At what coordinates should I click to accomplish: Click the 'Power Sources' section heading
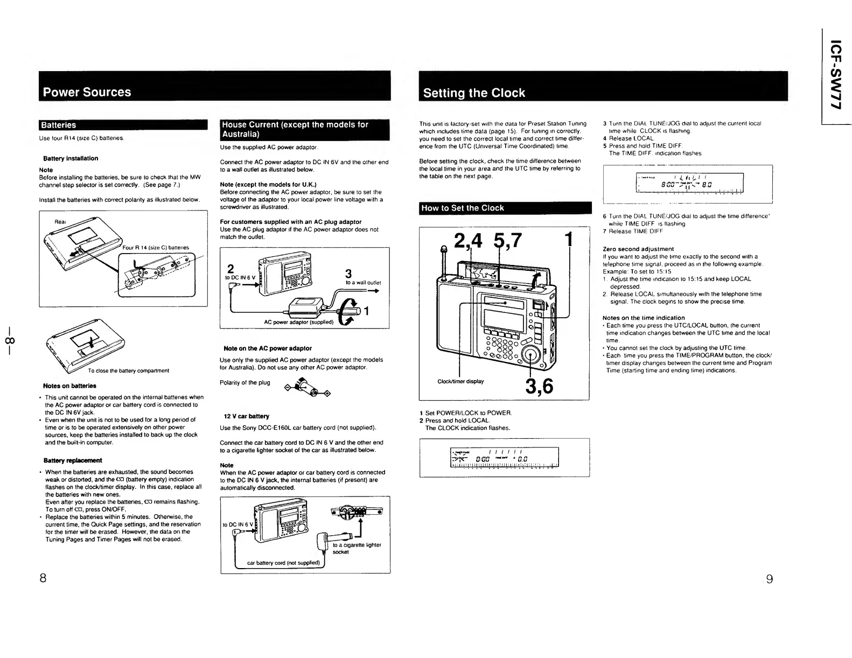87,92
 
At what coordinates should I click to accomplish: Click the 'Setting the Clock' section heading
474,93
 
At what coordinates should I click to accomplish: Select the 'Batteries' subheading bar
59,125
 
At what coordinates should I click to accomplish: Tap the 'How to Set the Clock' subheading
463,208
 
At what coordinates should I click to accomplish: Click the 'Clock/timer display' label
460,381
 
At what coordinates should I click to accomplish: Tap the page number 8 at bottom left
42,579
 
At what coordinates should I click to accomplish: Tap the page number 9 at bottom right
769,579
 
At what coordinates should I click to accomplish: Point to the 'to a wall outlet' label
363,283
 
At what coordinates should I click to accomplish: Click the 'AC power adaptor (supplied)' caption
299,322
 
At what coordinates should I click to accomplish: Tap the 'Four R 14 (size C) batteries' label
156,248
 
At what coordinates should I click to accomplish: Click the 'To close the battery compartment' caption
129,370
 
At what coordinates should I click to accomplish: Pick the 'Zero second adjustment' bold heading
638,249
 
